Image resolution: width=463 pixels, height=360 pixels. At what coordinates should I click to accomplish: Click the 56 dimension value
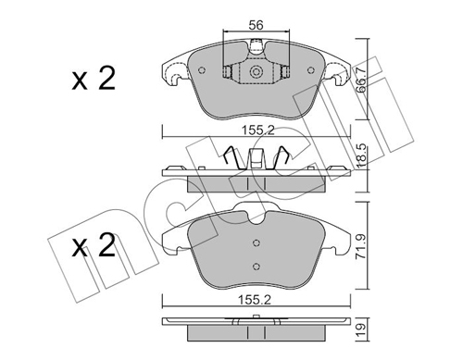pos(257,25)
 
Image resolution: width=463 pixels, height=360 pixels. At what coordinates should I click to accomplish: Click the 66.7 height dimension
pos(360,80)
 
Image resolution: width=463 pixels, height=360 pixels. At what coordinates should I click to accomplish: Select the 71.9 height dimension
pos(360,246)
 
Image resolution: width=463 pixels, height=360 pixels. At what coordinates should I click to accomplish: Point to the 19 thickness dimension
pos(360,330)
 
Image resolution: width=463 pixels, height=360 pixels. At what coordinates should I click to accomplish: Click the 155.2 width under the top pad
pos(258,130)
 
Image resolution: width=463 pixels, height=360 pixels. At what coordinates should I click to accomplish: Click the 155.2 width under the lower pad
pos(255,300)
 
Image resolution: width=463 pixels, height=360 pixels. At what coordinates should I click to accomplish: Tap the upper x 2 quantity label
pos(94,79)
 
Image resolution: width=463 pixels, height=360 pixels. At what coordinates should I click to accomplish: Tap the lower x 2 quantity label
pos(94,245)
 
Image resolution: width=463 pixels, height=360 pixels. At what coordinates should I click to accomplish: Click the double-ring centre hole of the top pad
pos(256,71)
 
